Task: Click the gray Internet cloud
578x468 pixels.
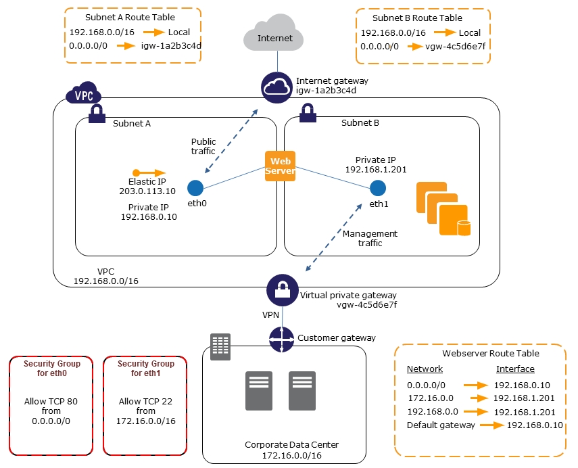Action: pos(275,37)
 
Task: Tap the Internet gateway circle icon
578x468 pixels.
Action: pos(276,88)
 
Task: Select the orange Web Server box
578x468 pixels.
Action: pos(280,166)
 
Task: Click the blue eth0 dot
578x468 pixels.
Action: pos(195,187)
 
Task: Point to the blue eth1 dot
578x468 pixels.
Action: pos(378,187)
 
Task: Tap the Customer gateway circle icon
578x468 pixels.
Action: pos(281,339)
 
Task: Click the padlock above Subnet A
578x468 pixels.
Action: pos(96,112)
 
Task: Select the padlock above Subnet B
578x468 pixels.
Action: pos(307,112)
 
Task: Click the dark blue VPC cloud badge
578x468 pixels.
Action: pos(83,95)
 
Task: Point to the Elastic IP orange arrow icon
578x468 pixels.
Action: pos(149,172)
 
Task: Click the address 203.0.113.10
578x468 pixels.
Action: pos(147,191)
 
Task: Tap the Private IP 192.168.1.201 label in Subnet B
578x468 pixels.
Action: pos(376,165)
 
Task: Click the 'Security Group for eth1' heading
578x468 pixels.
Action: pos(146,369)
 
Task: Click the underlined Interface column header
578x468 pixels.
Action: pos(515,369)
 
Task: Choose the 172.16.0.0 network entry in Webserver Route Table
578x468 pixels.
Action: pos(426,398)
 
